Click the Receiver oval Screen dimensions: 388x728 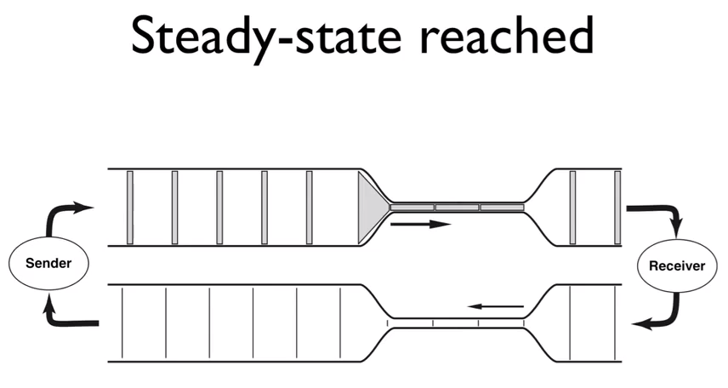tap(677, 265)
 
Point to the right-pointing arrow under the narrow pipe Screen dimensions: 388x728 tap(420, 225)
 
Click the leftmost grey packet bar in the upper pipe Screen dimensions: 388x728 tap(129, 207)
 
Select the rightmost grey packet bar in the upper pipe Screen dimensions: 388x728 tap(617, 207)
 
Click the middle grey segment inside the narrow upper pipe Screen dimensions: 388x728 tap(457, 208)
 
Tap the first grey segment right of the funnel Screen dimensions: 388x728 tap(412, 208)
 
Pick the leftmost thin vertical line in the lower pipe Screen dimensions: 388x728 tap(122, 322)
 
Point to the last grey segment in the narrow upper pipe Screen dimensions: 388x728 tap(502, 208)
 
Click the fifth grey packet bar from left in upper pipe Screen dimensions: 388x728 tap(309, 207)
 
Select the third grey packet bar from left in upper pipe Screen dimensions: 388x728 tap(219, 207)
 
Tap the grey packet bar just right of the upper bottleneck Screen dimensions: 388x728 tap(572, 207)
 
